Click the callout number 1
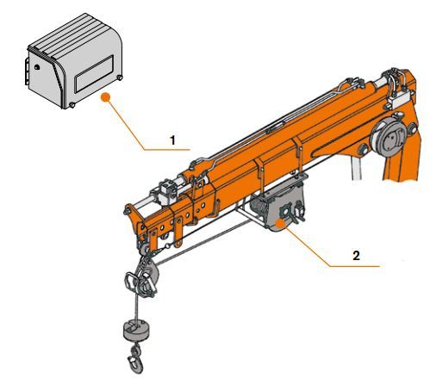(172, 138)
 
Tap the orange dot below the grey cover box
(105, 97)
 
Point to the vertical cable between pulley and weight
(136, 306)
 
